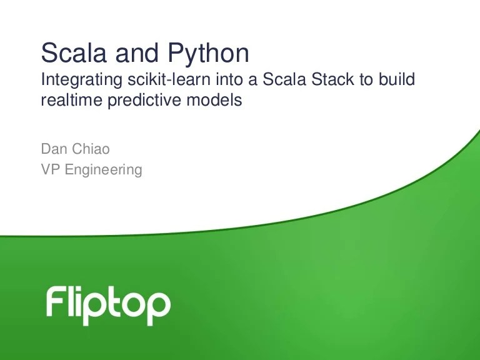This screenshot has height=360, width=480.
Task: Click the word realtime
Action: [x=66, y=101]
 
